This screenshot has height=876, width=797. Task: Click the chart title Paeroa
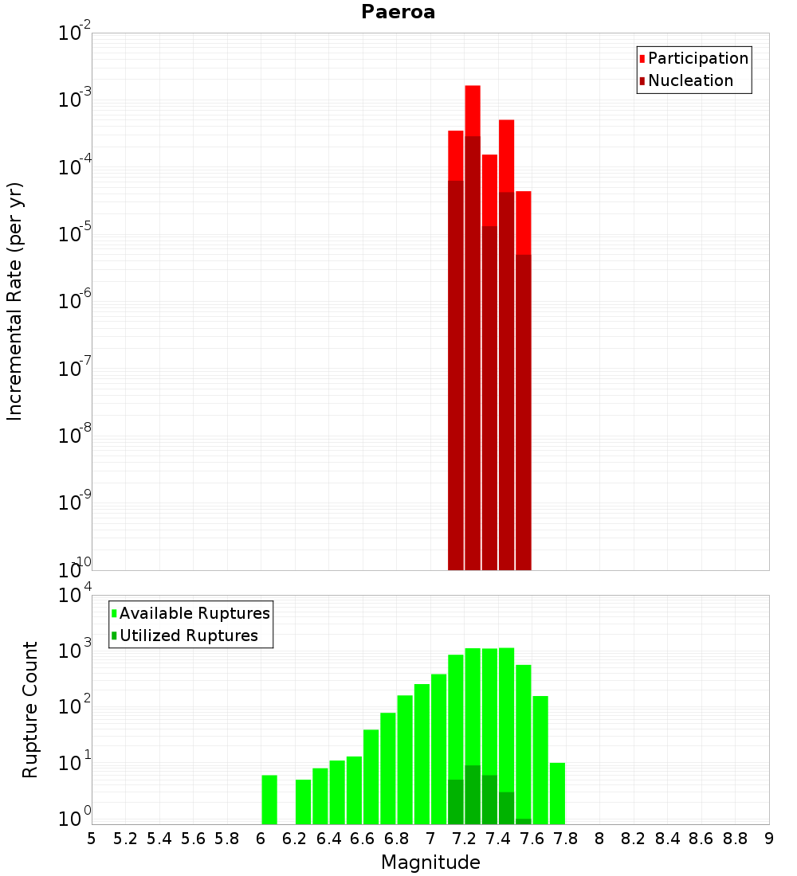click(x=398, y=12)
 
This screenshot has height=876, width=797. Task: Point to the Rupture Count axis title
click(x=30, y=709)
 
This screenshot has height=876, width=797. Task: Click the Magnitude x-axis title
click(x=430, y=862)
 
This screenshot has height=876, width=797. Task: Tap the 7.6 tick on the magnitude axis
click(x=532, y=839)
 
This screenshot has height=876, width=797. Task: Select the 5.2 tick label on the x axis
click(x=125, y=839)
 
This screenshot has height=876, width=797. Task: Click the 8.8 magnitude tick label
click(x=735, y=839)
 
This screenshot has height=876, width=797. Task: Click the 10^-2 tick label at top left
click(x=75, y=33)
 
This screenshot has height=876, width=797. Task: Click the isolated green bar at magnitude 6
click(x=269, y=800)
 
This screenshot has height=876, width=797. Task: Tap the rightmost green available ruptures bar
click(x=557, y=793)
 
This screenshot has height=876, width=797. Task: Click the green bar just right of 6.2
click(x=303, y=802)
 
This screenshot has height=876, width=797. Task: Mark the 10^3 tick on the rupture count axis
click(x=75, y=650)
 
